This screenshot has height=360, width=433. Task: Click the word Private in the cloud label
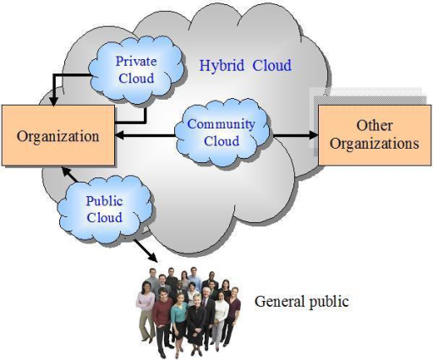pyautogui.click(x=136, y=62)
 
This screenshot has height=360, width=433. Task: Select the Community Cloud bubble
pyautogui.click(x=222, y=132)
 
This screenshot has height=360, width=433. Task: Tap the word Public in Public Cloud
pyautogui.click(x=104, y=201)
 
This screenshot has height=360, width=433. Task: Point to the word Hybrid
pyautogui.click(x=222, y=66)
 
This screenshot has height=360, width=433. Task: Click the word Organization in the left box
pyautogui.click(x=58, y=136)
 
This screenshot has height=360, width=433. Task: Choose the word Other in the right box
pyautogui.click(x=375, y=126)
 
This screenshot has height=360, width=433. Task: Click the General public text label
pyautogui.click(x=302, y=302)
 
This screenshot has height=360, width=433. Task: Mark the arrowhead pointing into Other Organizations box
pyautogui.click(x=314, y=135)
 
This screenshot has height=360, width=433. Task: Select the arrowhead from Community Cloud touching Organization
pyautogui.click(x=119, y=135)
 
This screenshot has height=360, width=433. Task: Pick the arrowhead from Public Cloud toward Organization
pyautogui.click(x=66, y=172)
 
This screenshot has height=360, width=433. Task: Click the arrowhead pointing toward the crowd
pyautogui.click(x=153, y=258)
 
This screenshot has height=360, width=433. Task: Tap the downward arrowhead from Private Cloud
pyautogui.click(x=53, y=101)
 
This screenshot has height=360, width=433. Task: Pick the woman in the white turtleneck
pyautogui.click(x=220, y=319)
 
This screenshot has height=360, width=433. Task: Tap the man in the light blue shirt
pyautogui.click(x=194, y=277)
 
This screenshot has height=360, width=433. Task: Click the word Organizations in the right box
pyautogui.click(x=375, y=143)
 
